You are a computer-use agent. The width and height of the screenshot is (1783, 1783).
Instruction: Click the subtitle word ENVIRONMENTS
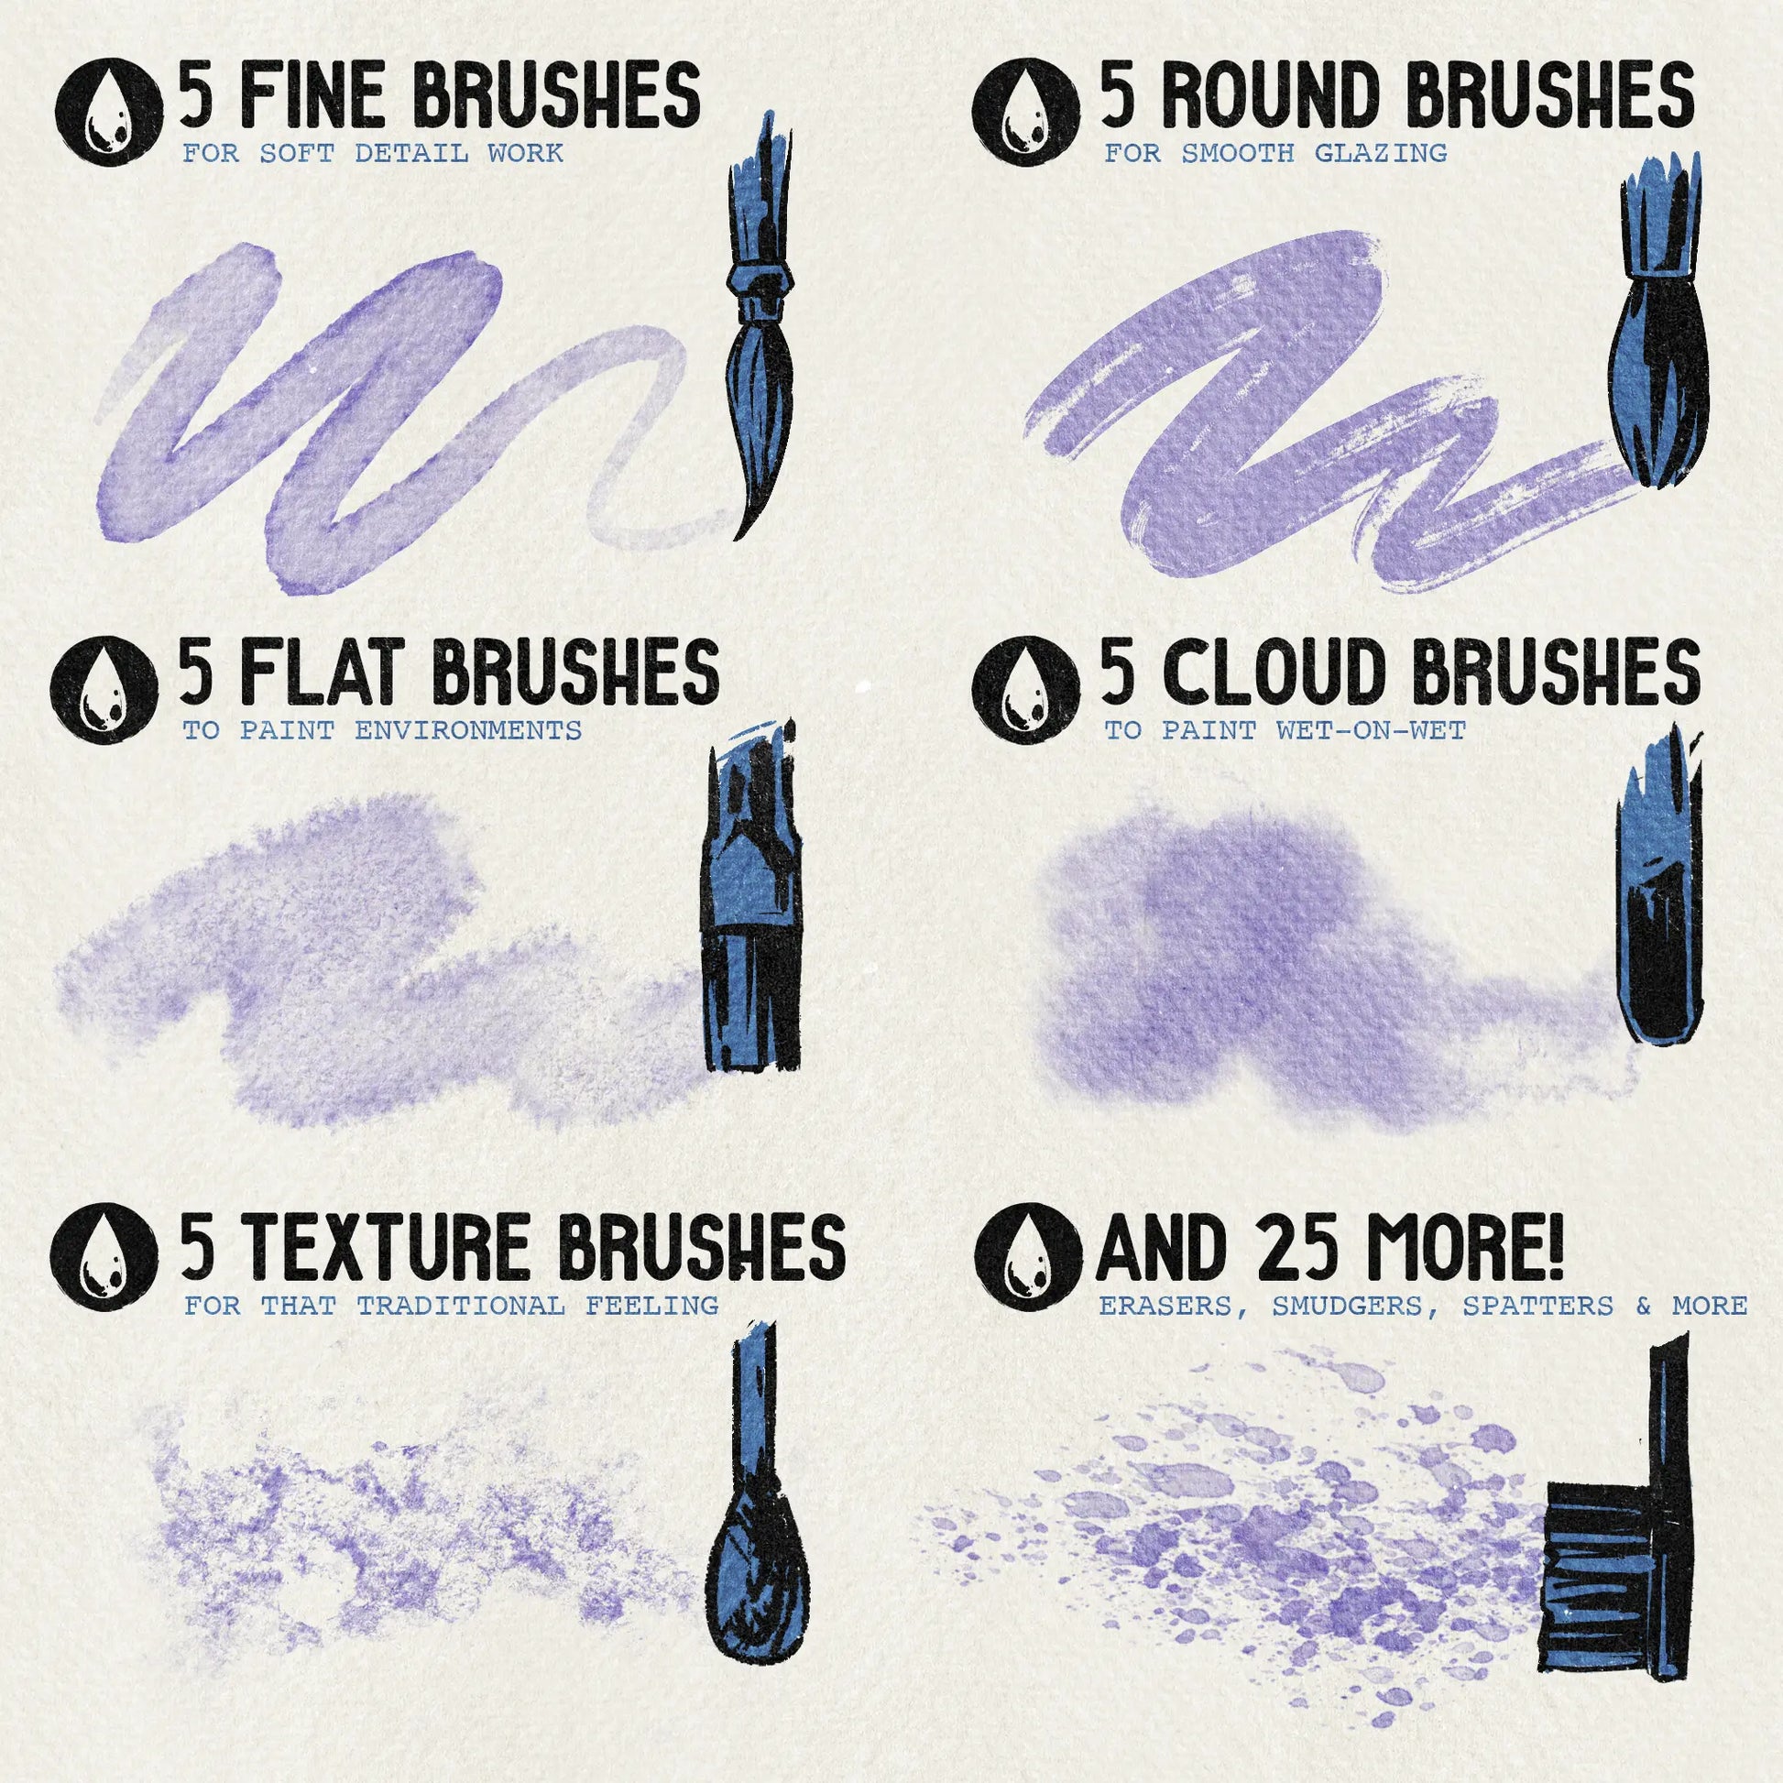tap(469, 730)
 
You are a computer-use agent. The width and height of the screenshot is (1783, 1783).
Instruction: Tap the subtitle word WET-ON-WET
tap(1372, 730)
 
